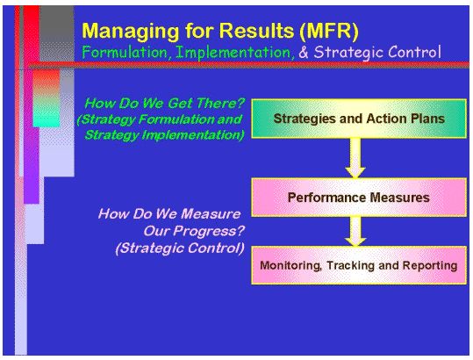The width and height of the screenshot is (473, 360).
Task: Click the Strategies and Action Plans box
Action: coord(358,119)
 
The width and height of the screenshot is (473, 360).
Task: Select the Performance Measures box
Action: coord(358,198)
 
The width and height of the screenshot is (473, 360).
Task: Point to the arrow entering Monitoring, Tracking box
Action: coord(355,232)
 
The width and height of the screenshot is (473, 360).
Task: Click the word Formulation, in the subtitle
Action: coord(125,53)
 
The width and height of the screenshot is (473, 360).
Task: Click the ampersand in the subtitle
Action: coord(305,53)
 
